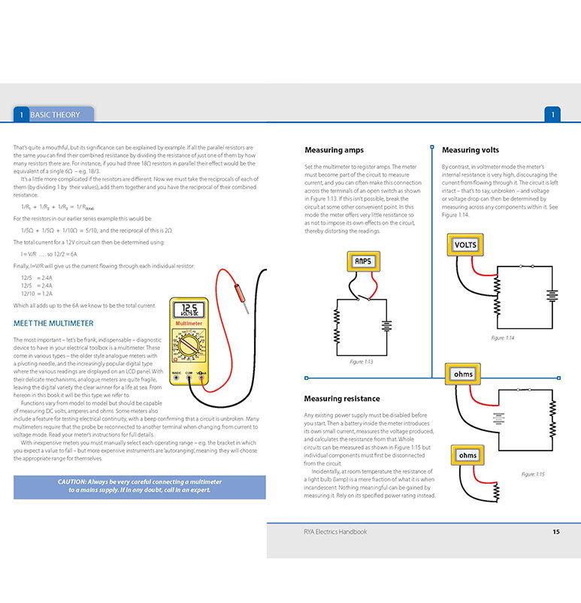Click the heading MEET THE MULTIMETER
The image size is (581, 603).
coord(54,324)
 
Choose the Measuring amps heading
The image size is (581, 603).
coord(334,150)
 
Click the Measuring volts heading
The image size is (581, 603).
coord(471,150)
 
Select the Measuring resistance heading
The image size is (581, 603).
coord(342,399)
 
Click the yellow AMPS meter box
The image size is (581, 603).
coord(363,261)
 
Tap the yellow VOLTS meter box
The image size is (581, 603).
coord(466,244)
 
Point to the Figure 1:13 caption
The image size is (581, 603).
coord(362,362)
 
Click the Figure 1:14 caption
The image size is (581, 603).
coord(503,339)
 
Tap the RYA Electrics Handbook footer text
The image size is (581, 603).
coord(319,532)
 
